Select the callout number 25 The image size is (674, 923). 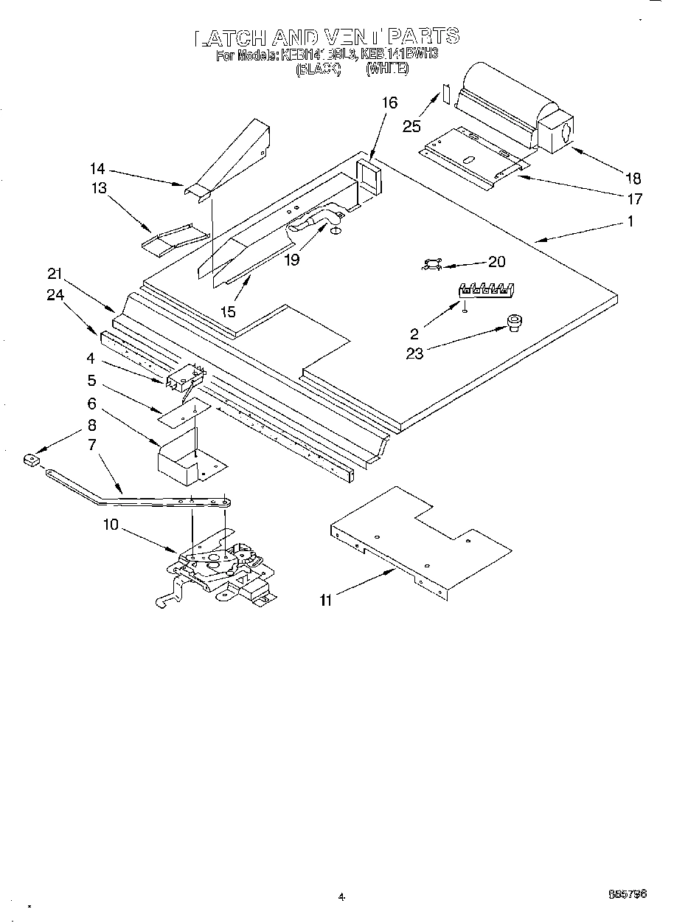click(411, 126)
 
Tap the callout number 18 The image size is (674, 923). click(633, 178)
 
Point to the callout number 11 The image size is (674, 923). click(325, 600)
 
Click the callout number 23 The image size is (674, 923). click(415, 353)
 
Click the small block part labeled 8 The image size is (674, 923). click(31, 461)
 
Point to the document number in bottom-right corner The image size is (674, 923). click(628, 893)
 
